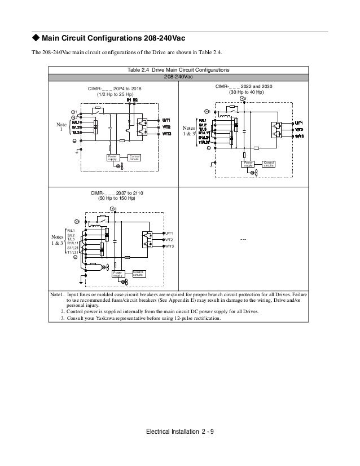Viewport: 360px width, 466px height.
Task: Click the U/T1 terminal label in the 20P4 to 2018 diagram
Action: pyautogui.click(x=166, y=120)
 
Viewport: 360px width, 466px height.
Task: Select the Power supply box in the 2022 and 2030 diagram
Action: pyautogui.click(x=248, y=164)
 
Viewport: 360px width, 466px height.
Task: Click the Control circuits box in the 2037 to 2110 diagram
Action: pyautogui.click(x=138, y=273)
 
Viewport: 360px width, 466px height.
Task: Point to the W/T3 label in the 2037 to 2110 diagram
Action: pyautogui.click(x=169, y=247)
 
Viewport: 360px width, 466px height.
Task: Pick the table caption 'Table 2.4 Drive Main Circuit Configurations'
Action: pyautogui.click(x=178, y=69)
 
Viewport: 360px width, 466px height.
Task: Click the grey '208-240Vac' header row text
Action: pyautogui.click(x=178, y=77)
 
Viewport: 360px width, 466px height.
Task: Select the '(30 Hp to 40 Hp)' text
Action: pyautogui.click(x=243, y=92)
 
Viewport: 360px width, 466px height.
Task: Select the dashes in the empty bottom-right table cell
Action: pyautogui.click(x=243, y=240)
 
